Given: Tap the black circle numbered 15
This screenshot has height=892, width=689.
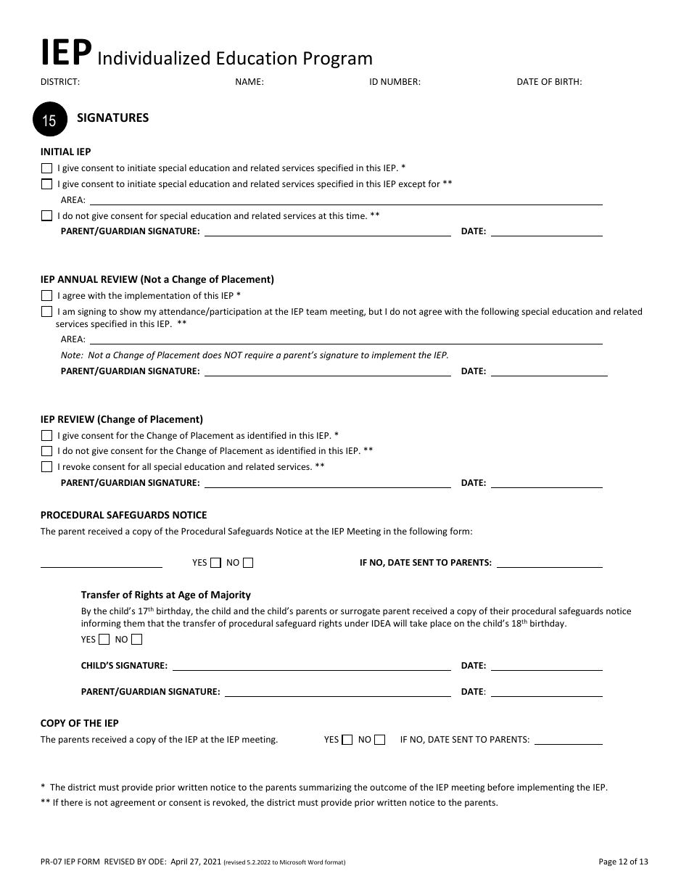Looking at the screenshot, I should [x=50, y=119].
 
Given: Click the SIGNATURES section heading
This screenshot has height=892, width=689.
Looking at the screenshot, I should [x=112, y=117].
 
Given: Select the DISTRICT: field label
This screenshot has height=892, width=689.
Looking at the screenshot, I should [x=60, y=82].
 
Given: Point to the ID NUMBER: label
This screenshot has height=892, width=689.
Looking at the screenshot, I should [x=395, y=82].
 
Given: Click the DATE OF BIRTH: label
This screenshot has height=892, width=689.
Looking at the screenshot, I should [x=549, y=82].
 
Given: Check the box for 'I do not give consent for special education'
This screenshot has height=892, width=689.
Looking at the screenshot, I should [x=47, y=215].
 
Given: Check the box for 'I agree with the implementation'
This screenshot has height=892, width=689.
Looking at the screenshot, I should [x=47, y=295].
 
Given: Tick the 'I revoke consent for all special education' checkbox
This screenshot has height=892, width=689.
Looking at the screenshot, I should [x=47, y=466].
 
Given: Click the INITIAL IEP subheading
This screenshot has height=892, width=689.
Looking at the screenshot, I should [x=65, y=152].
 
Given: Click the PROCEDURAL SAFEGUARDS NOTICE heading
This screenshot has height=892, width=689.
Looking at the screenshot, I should [x=123, y=515].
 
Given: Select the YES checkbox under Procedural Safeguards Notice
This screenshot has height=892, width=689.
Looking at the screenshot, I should [x=215, y=562].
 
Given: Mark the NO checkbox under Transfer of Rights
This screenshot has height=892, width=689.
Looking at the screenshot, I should [x=137, y=639].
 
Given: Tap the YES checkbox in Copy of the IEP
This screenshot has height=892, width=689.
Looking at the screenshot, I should [x=347, y=740].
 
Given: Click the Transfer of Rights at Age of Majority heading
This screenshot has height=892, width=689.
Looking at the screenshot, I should [x=165, y=595].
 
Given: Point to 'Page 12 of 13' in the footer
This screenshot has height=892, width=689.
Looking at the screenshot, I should [x=623, y=862].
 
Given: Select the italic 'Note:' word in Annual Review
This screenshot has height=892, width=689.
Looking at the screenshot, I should [x=72, y=355].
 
